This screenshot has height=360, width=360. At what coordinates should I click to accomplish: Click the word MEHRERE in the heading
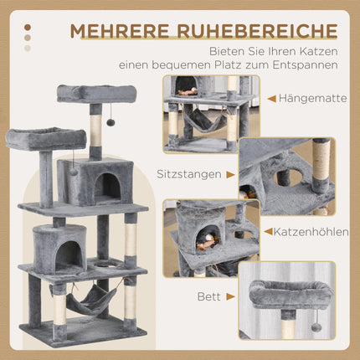[120, 32]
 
